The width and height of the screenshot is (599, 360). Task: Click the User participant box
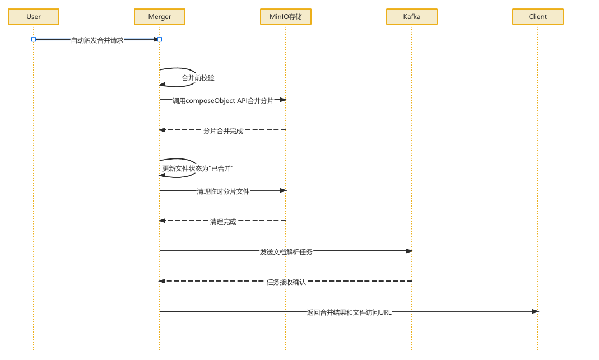34,17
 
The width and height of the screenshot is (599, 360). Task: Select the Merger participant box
160,17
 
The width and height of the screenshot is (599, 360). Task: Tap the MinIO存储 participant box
286,17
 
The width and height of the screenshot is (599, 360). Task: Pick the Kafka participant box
412,17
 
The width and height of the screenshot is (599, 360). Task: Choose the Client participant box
538,17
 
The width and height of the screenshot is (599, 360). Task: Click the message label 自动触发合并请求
97,40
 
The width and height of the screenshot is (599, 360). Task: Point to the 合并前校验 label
198,78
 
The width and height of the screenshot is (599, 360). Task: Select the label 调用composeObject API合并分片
223,101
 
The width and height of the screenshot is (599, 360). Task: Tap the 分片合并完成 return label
223,131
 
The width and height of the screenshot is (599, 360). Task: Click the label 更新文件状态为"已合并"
198,169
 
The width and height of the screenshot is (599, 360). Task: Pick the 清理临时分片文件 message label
223,191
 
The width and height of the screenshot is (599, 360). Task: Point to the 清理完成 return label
223,222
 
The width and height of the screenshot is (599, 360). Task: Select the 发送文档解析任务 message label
286,252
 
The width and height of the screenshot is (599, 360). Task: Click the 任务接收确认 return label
286,282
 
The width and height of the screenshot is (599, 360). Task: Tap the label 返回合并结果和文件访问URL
349,312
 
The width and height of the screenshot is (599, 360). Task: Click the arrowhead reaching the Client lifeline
535,311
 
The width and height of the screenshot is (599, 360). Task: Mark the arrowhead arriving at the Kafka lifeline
409,251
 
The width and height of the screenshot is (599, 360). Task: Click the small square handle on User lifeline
34,39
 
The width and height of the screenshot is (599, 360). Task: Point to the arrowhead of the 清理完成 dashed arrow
162,221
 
